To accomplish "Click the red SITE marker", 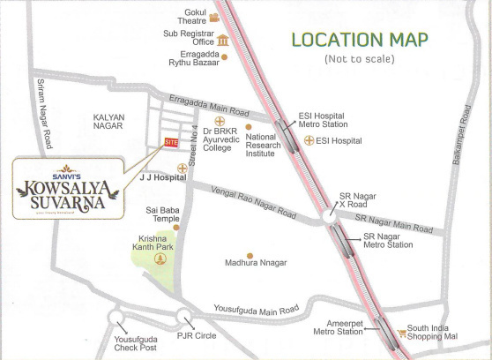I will (171, 143).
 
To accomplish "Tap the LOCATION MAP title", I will (360, 40).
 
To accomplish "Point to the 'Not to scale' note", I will (360, 59).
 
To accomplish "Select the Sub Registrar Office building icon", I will (222, 40).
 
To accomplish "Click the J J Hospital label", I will (163, 177).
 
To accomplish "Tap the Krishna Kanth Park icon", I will (160, 259).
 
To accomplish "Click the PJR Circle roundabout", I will (183, 318).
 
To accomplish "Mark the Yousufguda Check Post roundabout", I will (116, 319).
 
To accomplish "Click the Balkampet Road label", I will (466, 138).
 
